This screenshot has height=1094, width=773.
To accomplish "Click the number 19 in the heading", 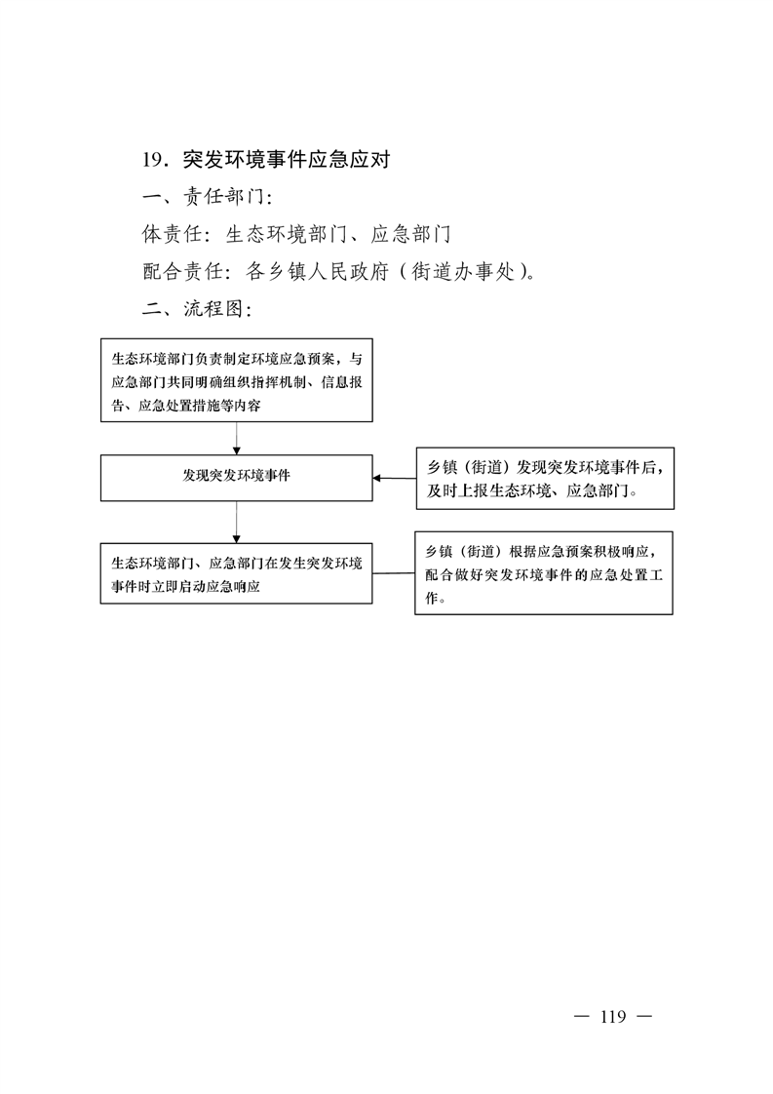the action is (x=153, y=160).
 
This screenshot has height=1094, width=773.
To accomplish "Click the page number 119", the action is (x=612, y=1017).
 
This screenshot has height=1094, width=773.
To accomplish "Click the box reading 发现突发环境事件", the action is (x=237, y=478).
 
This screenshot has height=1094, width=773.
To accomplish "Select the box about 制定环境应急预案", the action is (x=237, y=380).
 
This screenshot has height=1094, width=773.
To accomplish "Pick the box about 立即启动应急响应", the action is (x=237, y=573).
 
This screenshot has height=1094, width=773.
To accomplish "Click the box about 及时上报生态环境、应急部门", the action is (x=546, y=479).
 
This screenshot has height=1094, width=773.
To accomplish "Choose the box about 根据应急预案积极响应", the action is (x=544, y=572).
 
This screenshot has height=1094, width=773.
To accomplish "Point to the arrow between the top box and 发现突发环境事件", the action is (x=237, y=438).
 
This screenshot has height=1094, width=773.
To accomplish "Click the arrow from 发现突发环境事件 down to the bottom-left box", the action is (x=237, y=522).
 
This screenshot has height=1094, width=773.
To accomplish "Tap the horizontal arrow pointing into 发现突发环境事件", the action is (x=394, y=478).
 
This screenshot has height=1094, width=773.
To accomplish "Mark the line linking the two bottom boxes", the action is (x=394, y=573).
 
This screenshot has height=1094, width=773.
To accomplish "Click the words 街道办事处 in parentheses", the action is (x=463, y=271).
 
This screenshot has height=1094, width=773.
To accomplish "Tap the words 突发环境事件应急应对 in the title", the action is (x=286, y=160).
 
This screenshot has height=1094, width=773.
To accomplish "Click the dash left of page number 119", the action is (x=581, y=1017).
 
